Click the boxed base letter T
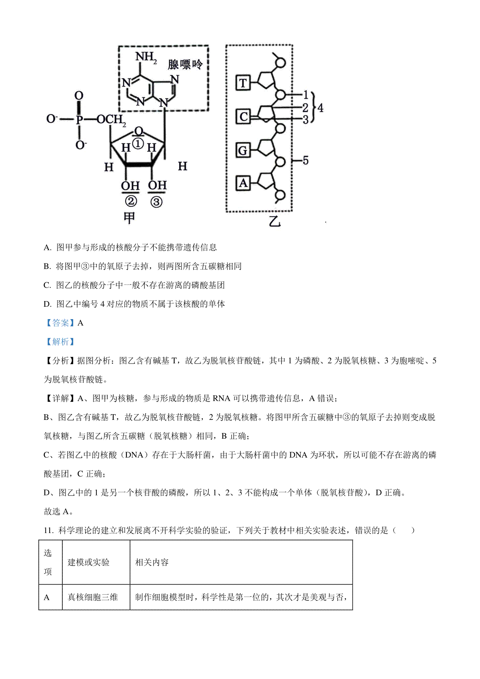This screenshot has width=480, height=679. coord(243,83)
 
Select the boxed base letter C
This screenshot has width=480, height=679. coord(243,117)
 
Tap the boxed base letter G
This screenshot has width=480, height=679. coord(243,150)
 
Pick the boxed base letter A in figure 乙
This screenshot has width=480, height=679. coord(243,184)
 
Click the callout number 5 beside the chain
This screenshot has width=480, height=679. coord(305,160)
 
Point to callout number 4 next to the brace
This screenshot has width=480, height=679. coord(320,108)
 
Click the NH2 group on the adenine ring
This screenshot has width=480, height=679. coord(146,57)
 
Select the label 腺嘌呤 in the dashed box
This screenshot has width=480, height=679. coord(185,64)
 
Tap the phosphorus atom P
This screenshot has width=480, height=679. coord(79,119)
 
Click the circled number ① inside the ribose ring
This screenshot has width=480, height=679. coord(138,144)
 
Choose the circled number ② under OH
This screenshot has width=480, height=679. coord(131,201)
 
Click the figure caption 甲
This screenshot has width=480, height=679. coord(129,218)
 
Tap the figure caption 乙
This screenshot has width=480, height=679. coord(275,222)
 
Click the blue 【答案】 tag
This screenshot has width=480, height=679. coord(60,323)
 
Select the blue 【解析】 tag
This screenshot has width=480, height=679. coord(60,342)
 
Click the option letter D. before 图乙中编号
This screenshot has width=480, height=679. coord(48,304)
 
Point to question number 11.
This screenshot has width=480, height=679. coord(49,531)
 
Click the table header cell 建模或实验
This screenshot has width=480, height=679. coord(88,563)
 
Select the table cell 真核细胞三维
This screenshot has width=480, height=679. coord(92,597)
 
